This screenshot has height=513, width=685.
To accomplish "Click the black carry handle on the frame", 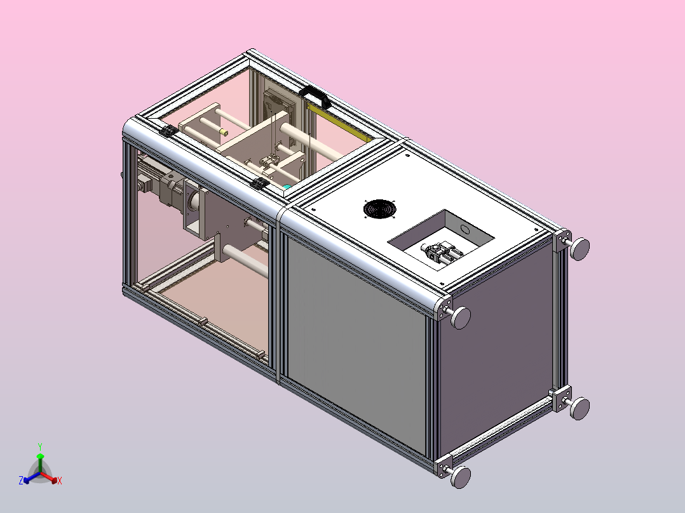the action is (315, 96).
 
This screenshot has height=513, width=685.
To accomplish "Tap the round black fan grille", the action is (379, 209).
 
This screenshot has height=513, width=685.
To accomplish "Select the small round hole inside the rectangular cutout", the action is (466, 229).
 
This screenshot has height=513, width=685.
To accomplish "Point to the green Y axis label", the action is (40, 446).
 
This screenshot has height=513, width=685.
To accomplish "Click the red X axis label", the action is (60, 481).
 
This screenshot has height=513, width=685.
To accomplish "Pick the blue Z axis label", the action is (21, 480).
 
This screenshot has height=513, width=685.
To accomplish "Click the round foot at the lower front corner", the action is (461, 477).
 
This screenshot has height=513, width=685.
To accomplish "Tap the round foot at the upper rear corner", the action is (580, 250).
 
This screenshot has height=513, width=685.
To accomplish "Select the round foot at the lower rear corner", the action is (580, 408).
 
